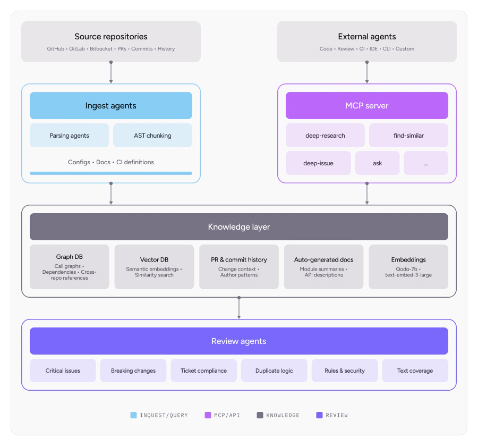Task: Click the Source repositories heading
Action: [x=111, y=37]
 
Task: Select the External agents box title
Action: [x=366, y=37]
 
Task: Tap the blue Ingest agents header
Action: [x=111, y=106]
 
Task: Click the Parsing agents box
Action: [x=69, y=136]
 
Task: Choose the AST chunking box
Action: [x=152, y=136]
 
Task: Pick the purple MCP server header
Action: [x=366, y=106]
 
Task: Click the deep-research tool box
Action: [x=325, y=136]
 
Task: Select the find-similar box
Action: [x=408, y=136]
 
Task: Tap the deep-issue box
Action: [x=318, y=163]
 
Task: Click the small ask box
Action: [x=377, y=163]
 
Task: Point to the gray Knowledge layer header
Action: [x=238, y=227]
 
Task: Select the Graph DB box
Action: [x=69, y=267]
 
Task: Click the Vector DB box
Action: [x=154, y=267]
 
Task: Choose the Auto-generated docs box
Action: [x=323, y=267]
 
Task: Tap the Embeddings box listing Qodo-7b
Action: [x=408, y=267]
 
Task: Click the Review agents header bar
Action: [x=238, y=341]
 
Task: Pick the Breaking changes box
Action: [x=133, y=371]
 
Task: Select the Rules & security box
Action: [x=345, y=371]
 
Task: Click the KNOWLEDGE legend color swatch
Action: [x=259, y=415]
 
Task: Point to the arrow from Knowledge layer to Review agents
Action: [x=239, y=308]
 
